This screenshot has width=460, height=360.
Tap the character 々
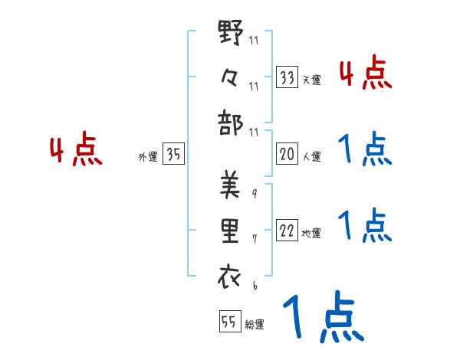tap(229, 77)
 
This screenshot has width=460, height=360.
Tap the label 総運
tap(255, 324)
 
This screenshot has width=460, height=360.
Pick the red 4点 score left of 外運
tap(76, 151)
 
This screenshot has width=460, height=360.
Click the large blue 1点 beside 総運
tap(322, 318)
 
